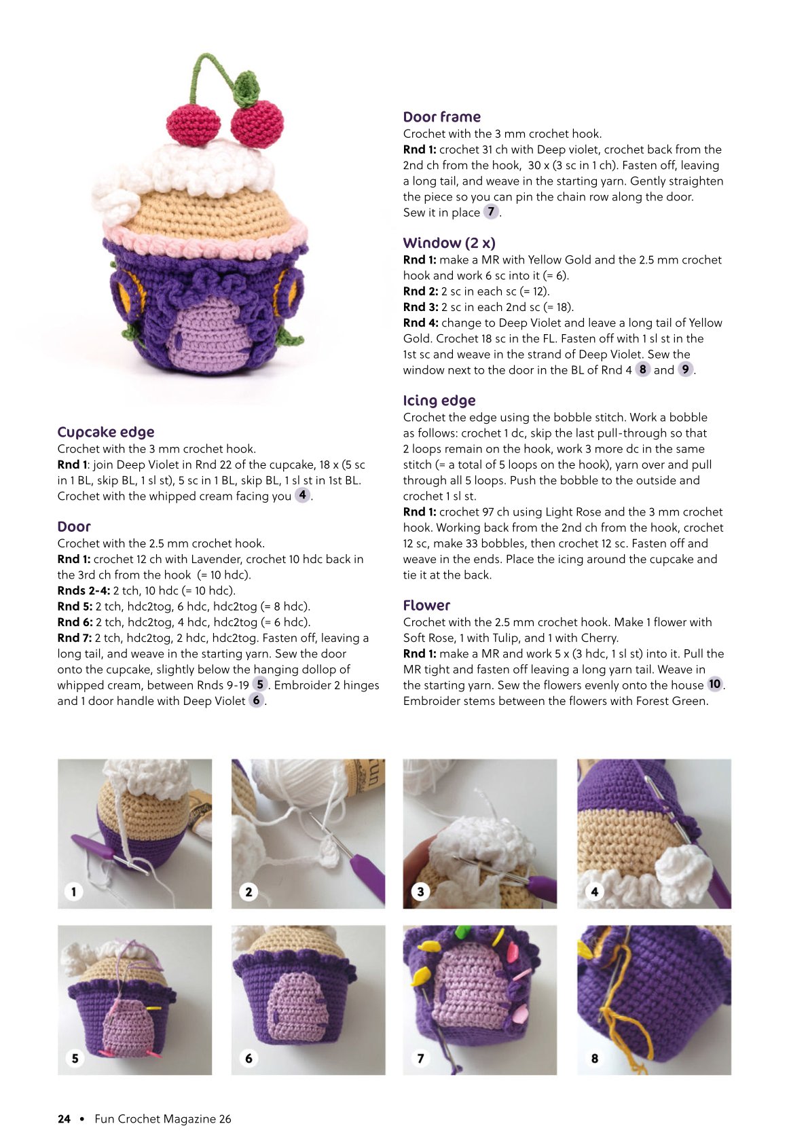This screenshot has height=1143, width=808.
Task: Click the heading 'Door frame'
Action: tap(442, 117)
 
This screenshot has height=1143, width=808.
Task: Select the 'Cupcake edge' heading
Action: tap(106, 432)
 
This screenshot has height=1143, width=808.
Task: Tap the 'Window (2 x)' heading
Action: tap(449, 243)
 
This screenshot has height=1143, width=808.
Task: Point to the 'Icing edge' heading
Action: tap(439, 401)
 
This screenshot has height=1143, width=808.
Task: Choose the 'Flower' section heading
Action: tap(426, 605)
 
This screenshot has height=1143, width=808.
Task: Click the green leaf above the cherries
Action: tap(248, 89)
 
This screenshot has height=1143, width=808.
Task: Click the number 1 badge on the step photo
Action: tap(74, 892)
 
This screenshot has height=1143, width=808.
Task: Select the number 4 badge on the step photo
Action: tap(594, 892)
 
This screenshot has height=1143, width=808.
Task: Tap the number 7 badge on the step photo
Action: tap(420, 1058)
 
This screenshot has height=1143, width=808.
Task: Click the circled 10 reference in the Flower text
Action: tap(715, 684)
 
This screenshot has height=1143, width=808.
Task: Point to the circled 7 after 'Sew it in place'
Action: tap(491, 211)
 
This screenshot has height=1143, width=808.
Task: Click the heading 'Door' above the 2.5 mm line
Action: tap(74, 526)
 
